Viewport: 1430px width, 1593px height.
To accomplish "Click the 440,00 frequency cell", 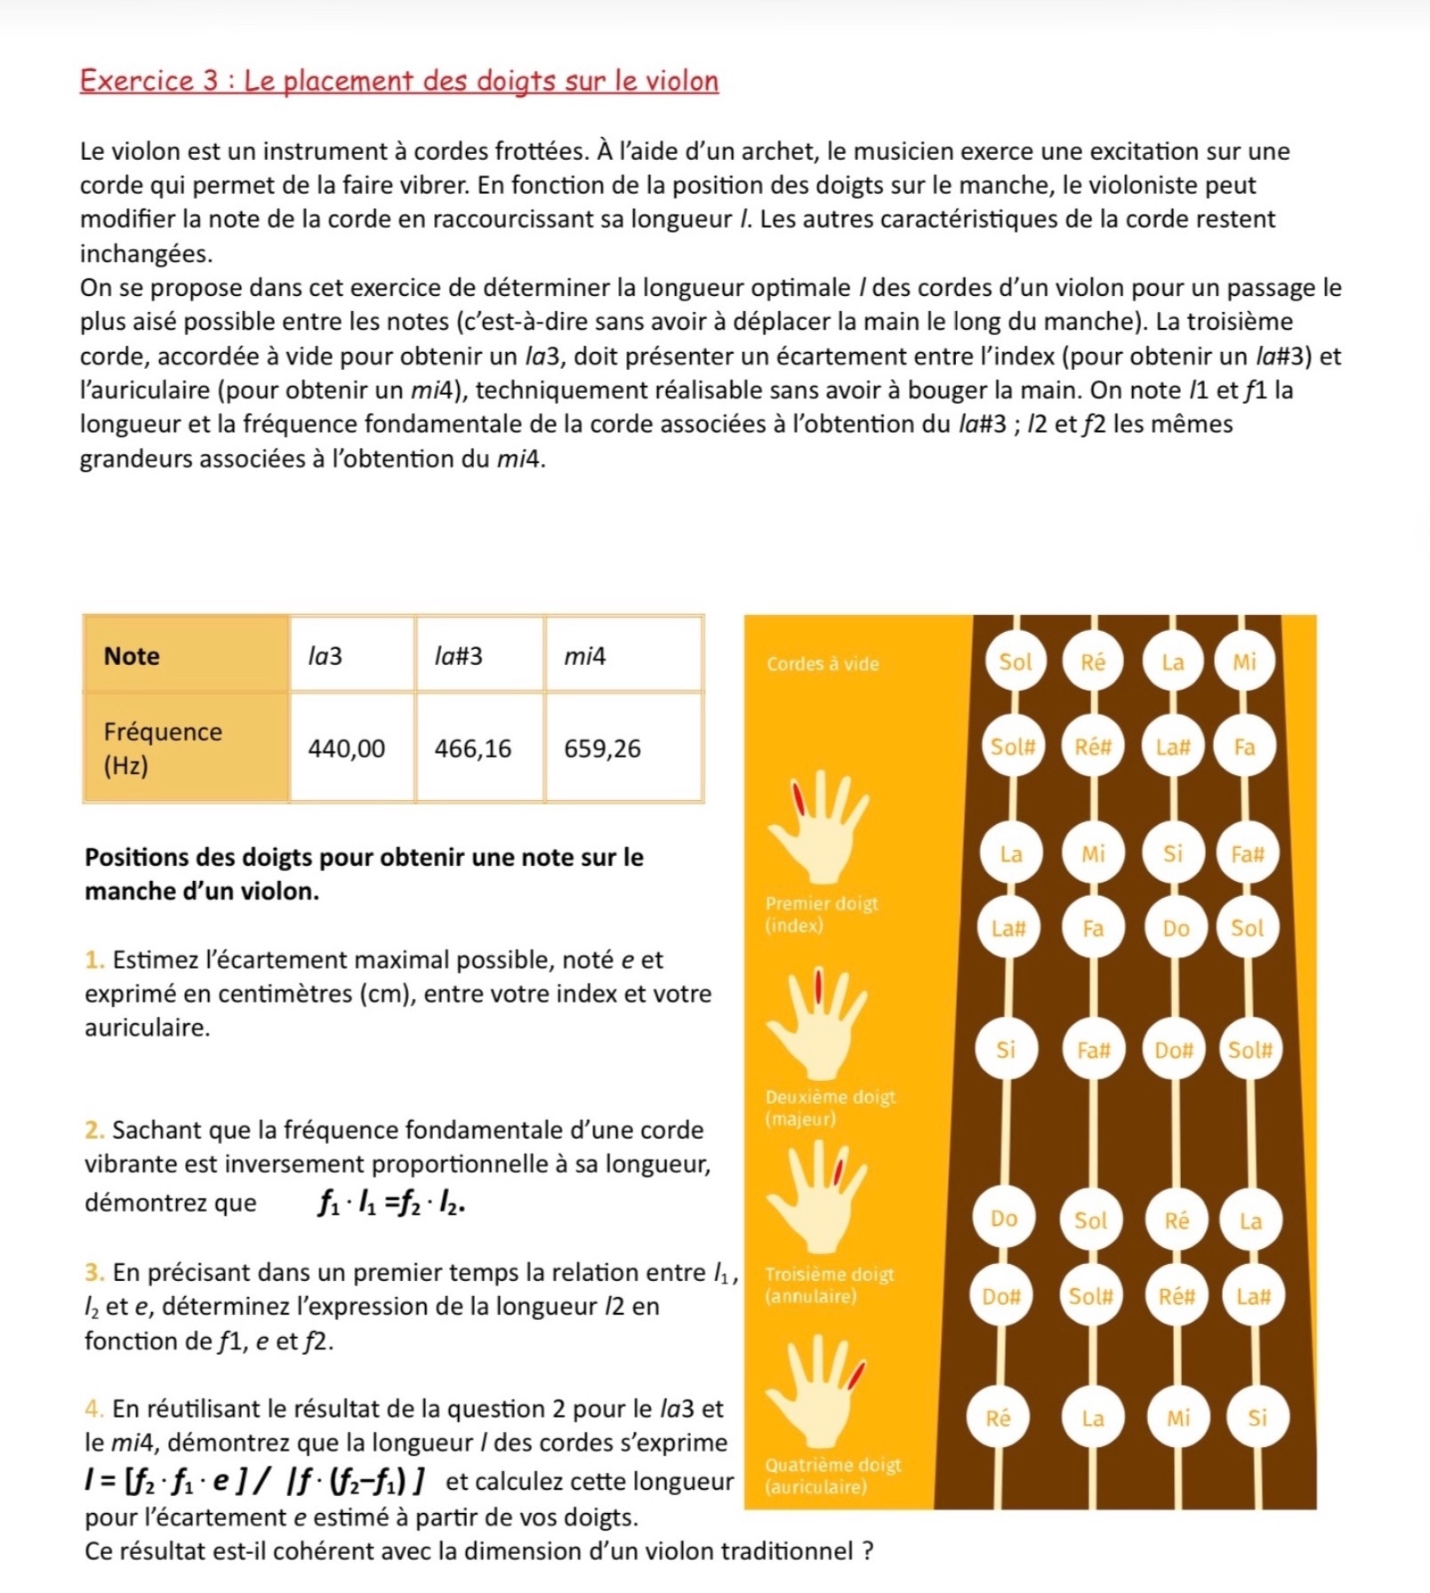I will click(x=347, y=748).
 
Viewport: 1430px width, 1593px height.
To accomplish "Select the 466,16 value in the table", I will click(x=473, y=748).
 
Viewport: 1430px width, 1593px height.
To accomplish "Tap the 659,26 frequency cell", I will click(x=603, y=748).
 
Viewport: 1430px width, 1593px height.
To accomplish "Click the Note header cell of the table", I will click(x=132, y=656).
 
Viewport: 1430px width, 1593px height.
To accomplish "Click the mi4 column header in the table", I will click(x=585, y=656).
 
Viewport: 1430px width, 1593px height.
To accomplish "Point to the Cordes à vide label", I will click(x=823, y=663).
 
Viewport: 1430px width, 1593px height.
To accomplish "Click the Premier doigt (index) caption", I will click(x=821, y=914).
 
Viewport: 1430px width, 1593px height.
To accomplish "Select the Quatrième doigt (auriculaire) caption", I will click(x=832, y=1476).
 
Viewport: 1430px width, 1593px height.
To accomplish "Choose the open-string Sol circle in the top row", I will click(x=1016, y=661).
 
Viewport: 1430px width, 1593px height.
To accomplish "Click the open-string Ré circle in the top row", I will click(x=1093, y=661).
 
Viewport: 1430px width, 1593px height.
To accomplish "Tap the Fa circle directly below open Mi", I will click(x=1244, y=747).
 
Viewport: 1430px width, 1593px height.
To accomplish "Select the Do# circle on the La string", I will click(x=1173, y=1050).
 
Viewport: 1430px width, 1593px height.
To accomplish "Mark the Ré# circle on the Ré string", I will click(x=1093, y=747).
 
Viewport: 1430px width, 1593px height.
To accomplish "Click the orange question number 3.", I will click(x=93, y=1272).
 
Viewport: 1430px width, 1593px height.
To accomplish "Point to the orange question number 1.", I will click(x=93, y=959).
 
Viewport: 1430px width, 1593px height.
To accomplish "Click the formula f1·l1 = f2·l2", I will click(x=391, y=1203).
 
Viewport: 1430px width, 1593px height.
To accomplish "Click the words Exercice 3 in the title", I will click(x=149, y=81).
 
